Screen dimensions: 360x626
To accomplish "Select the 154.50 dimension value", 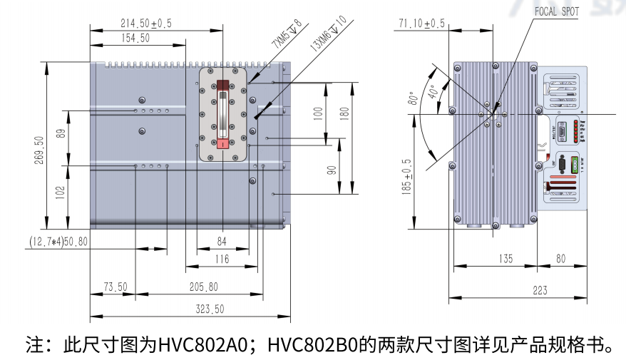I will pyautogui.click(x=135, y=38).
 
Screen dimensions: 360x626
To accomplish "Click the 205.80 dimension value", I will pyautogui.click(x=204, y=287).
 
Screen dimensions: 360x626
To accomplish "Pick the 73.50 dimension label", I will pyautogui.click(x=115, y=287).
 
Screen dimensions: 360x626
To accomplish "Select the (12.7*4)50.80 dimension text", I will pyautogui.click(x=58, y=242).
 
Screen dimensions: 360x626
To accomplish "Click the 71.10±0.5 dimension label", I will pyautogui.click(x=421, y=24).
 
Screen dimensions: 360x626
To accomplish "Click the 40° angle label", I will pyautogui.click(x=432, y=92).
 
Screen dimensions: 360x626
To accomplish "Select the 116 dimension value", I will pyautogui.click(x=222, y=259).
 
